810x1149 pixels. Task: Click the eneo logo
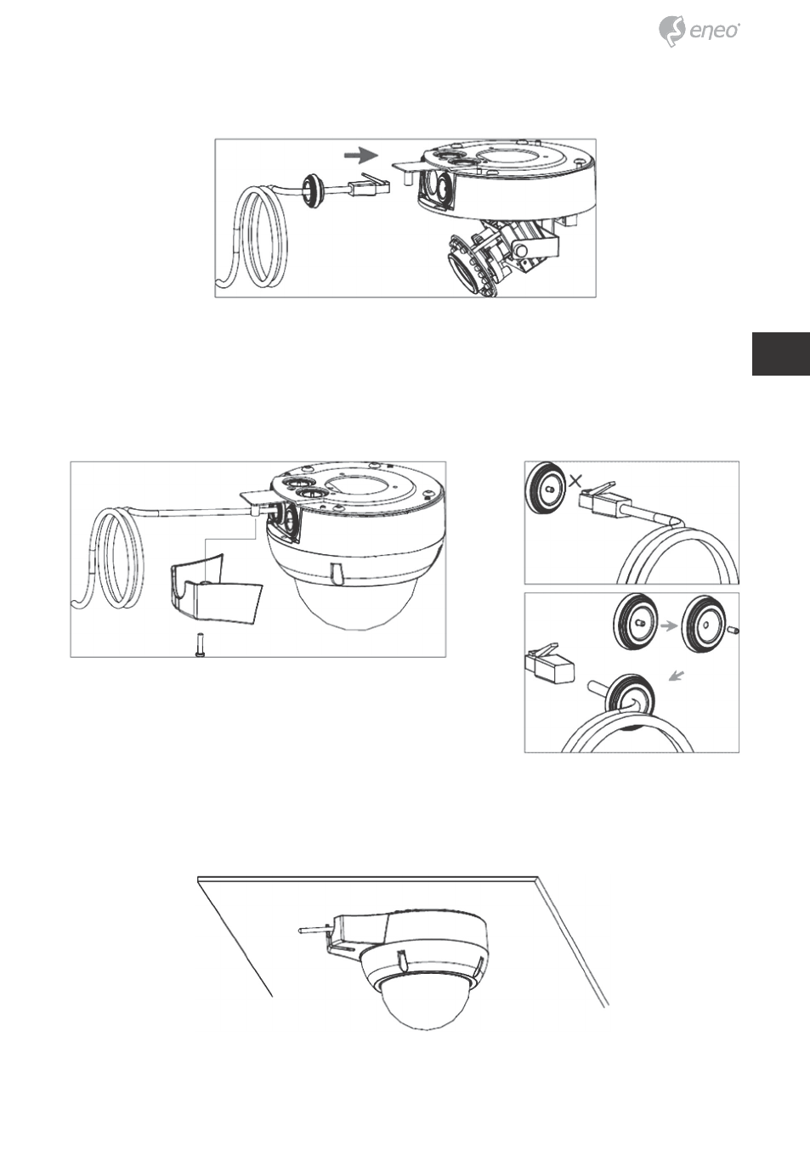coord(699,31)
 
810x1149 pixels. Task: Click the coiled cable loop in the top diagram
coord(257,237)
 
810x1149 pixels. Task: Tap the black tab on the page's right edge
coord(781,354)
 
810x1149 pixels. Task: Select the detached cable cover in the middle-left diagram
coord(215,587)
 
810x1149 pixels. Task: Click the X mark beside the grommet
coord(575,481)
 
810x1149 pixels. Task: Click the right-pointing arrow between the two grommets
coord(668,626)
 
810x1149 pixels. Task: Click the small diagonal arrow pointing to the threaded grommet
coord(677,677)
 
